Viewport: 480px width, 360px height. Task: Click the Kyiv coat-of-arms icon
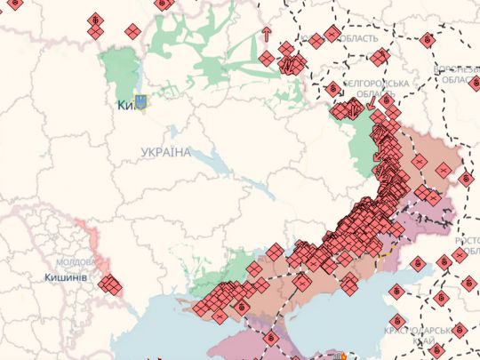pyautogui.click(x=140, y=103)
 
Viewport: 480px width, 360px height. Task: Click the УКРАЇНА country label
pyautogui.click(x=165, y=153)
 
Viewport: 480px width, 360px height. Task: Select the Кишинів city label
pyautogui.click(x=65, y=277)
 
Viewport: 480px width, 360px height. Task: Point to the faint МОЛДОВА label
pyautogui.click(x=76, y=263)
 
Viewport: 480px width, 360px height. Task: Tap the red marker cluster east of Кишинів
pyautogui.click(x=110, y=284)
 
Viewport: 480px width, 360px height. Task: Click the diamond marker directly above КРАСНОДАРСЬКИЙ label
pyautogui.click(x=397, y=319)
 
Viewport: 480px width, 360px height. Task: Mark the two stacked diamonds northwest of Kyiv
pyautogui.click(x=94, y=26)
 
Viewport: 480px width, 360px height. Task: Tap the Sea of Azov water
pyautogui.click(x=373, y=293)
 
